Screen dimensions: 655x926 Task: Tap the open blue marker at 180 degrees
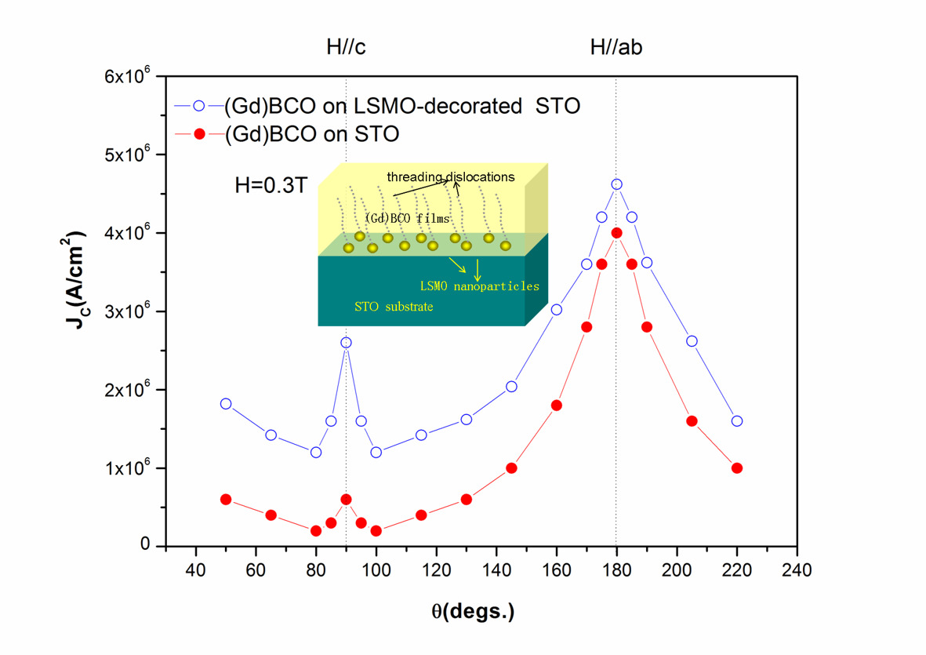[616, 184]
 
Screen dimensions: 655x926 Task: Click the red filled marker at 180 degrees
[616, 232]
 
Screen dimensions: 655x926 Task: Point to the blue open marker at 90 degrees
[346, 342]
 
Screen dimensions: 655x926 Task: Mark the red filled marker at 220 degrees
[736, 468]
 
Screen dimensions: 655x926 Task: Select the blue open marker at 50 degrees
[226, 404]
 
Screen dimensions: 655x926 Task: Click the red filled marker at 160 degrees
[556, 405]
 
